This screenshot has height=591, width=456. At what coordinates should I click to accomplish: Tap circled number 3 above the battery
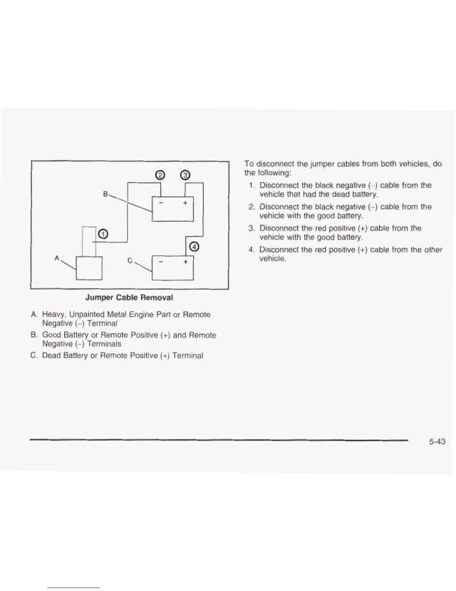tap(186, 175)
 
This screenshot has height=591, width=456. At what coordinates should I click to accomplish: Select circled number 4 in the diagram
tap(194, 247)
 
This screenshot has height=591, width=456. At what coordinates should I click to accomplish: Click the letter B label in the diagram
tap(105, 194)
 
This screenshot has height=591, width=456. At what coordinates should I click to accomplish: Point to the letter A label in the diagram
tap(57, 258)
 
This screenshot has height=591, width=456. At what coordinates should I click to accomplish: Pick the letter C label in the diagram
tap(130, 261)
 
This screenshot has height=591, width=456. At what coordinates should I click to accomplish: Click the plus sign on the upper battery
tap(185, 203)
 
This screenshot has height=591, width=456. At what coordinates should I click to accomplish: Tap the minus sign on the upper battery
tap(161, 203)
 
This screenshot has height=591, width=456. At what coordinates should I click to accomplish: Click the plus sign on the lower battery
tap(185, 262)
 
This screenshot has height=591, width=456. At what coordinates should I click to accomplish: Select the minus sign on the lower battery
tap(161, 262)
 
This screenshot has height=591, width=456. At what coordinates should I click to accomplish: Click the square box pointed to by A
tap(89, 268)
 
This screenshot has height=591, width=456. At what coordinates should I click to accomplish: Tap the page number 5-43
tap(437, 442)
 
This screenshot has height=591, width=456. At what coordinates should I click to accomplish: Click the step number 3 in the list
tap(251, 228)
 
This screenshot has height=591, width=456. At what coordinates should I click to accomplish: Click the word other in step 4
tap(433, 250)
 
